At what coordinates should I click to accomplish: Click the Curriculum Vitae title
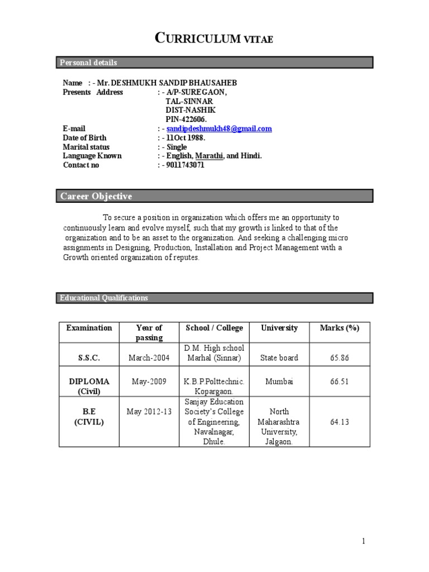(214, 39)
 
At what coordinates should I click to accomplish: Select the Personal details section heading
(88, 63)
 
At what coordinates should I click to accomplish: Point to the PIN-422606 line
(186, 119)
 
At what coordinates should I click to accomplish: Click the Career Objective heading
(96, 196)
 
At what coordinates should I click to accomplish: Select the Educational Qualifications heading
(104, 298)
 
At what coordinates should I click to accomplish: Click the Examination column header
(89, 328)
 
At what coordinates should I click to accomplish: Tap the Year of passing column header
(149, 332)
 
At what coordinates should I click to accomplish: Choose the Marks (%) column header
(339, 328)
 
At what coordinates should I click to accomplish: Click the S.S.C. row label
(89, 357)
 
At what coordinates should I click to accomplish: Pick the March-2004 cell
(149, 357)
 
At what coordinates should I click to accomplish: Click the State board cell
(279, 357)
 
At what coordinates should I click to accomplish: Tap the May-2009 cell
(149, 382)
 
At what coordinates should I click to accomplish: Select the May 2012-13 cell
(149, 412)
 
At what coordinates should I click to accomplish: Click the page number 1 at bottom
(363, 541)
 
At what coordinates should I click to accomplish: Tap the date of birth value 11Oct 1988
(186, 137)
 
